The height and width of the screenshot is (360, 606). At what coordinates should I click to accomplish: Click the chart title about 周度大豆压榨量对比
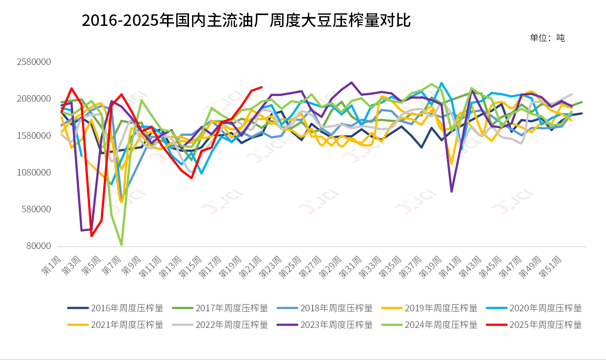pos(246,20)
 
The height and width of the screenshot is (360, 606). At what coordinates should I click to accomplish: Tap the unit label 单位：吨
pos(547,38)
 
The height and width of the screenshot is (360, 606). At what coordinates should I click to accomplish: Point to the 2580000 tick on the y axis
pos(34,62)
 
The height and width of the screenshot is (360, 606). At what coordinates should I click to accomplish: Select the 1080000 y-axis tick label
pos(34,172)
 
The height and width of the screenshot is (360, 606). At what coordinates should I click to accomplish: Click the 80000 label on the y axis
pos(39,246)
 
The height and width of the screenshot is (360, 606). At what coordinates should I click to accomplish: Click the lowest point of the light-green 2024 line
pos(122,245)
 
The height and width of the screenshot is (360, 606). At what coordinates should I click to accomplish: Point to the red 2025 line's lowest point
pos(92,236)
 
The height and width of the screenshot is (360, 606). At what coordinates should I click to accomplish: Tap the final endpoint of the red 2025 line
pos(262,87)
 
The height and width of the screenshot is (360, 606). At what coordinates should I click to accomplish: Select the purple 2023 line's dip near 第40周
pos(451,191)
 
